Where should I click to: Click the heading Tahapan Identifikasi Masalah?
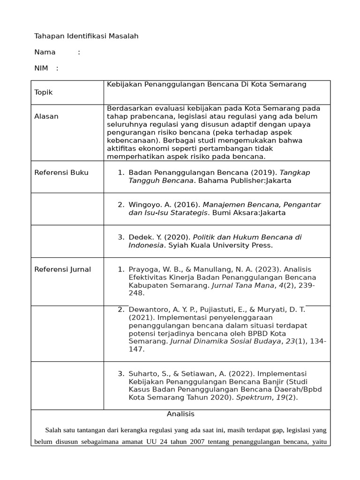[86, 36]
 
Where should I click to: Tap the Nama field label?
[45, 52]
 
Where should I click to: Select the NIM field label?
[41, 68]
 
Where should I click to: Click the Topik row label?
[44, 92]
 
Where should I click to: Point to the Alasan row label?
[46, 116]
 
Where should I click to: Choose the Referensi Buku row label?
[61, 172]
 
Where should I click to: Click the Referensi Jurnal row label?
[63, 269]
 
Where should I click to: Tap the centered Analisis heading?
[180, 414]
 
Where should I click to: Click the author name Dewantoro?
[149, 309]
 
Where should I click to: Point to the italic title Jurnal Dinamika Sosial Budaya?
[225, 341]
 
